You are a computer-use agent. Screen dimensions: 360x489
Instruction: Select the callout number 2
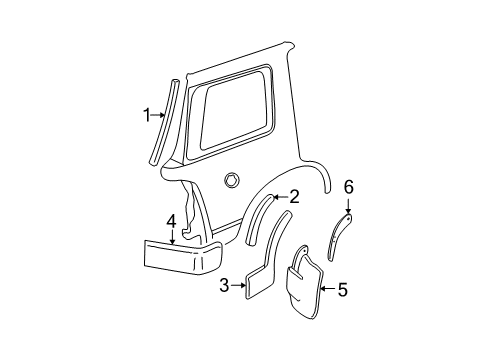point(294,197)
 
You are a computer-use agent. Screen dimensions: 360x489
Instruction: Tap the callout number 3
point(225,286)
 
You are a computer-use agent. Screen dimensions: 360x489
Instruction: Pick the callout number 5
point(343,290)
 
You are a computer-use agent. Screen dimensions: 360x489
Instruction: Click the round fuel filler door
point(233,179)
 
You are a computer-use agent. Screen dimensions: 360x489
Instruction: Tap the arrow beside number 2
point(279,198)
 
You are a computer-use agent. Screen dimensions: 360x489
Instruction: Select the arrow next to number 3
point(240,286)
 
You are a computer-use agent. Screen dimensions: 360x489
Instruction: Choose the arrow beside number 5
point(328,290)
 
